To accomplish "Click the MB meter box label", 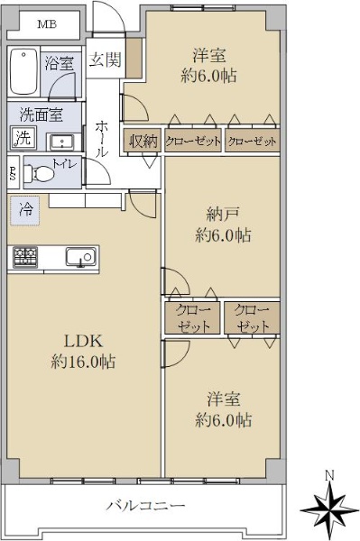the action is [47, 24].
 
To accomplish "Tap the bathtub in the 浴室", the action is [23, 72].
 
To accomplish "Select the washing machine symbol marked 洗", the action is [23, 138].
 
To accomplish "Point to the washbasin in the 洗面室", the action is [62, 142].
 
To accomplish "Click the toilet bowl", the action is [40, 172].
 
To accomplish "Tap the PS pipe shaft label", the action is [13, 172].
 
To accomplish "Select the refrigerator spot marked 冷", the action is [25, 210].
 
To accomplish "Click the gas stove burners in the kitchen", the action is [25, 257].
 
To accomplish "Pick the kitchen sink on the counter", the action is [81, 257].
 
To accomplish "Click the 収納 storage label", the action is [143, 141].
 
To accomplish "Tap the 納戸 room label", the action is [222, 215].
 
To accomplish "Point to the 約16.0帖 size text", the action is [83, 362].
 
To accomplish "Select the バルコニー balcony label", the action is [145, 506].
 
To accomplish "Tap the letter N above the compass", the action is [330, 475].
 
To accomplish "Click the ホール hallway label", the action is [102, 139].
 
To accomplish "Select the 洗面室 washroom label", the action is [42, 114].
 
